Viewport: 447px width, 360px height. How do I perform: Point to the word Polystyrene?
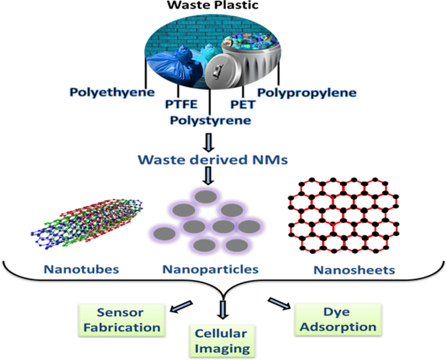pyautogui.click(x=209, y=120)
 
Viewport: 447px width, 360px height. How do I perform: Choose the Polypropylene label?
pyautogui.click(x=307, y=93)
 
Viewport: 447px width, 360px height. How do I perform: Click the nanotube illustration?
pyautogui.click(x=88, y=225)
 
